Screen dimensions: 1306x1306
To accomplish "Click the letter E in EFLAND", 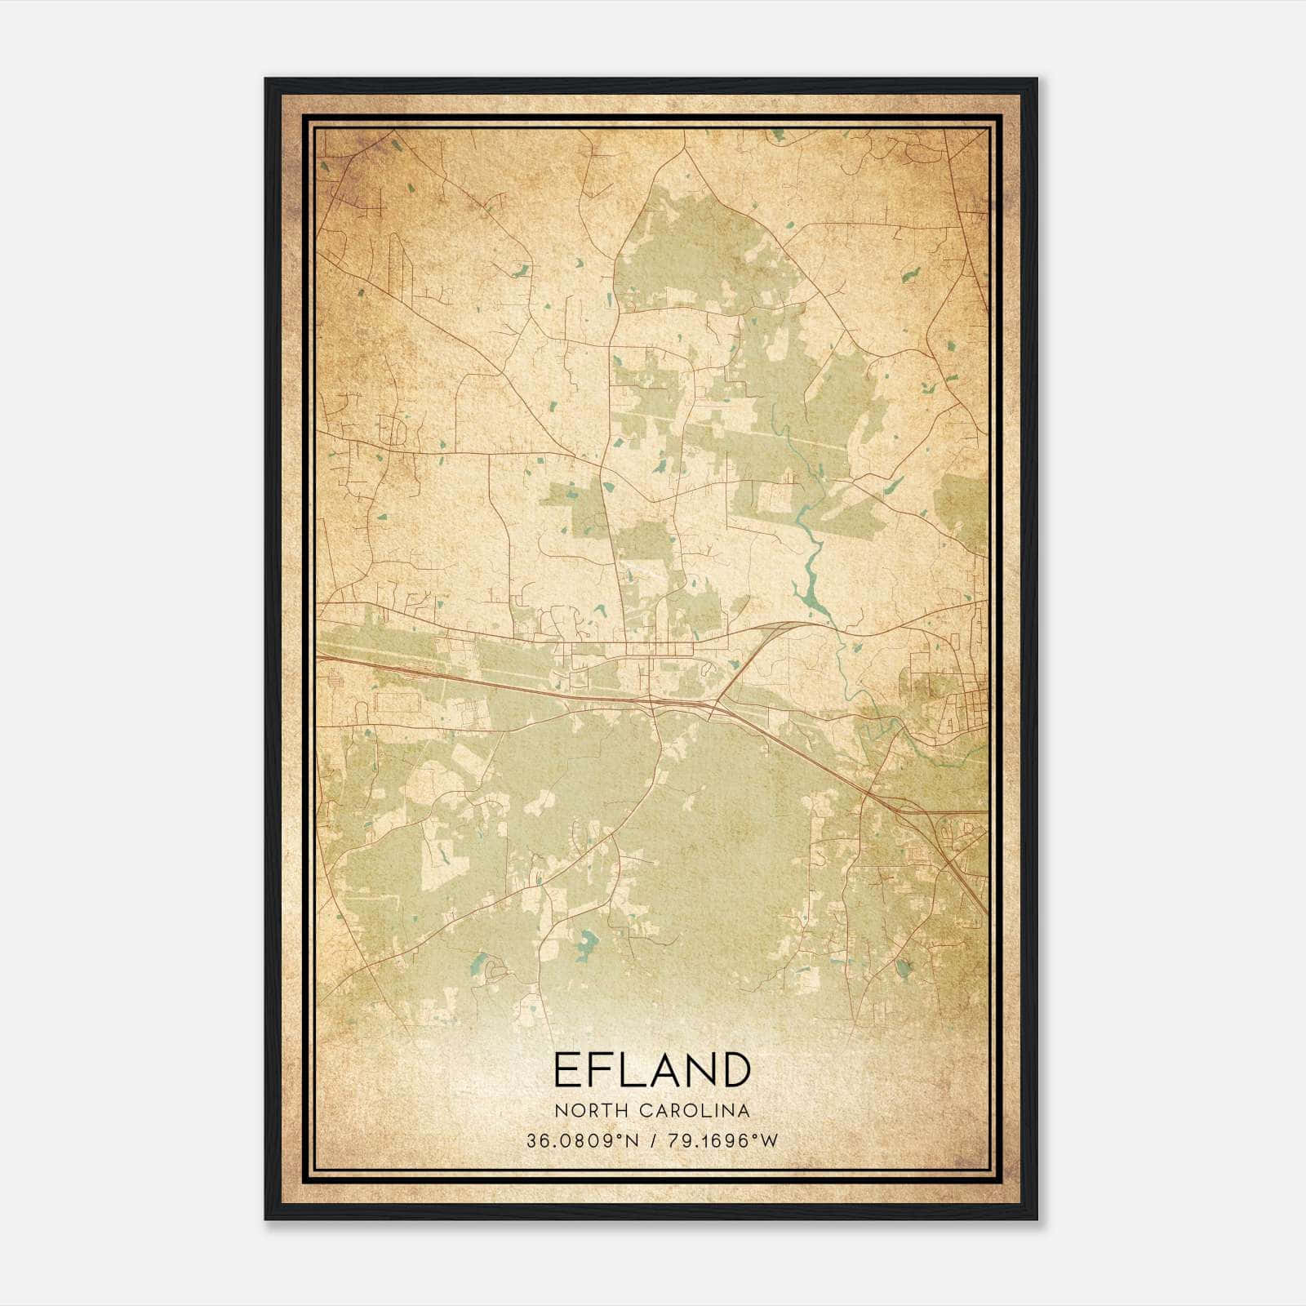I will pos(566,1069).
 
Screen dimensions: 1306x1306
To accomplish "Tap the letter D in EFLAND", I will pos(735,1069).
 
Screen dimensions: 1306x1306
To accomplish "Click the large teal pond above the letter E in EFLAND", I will pos(584,945).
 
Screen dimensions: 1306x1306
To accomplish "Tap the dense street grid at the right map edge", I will pos(967,702).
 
